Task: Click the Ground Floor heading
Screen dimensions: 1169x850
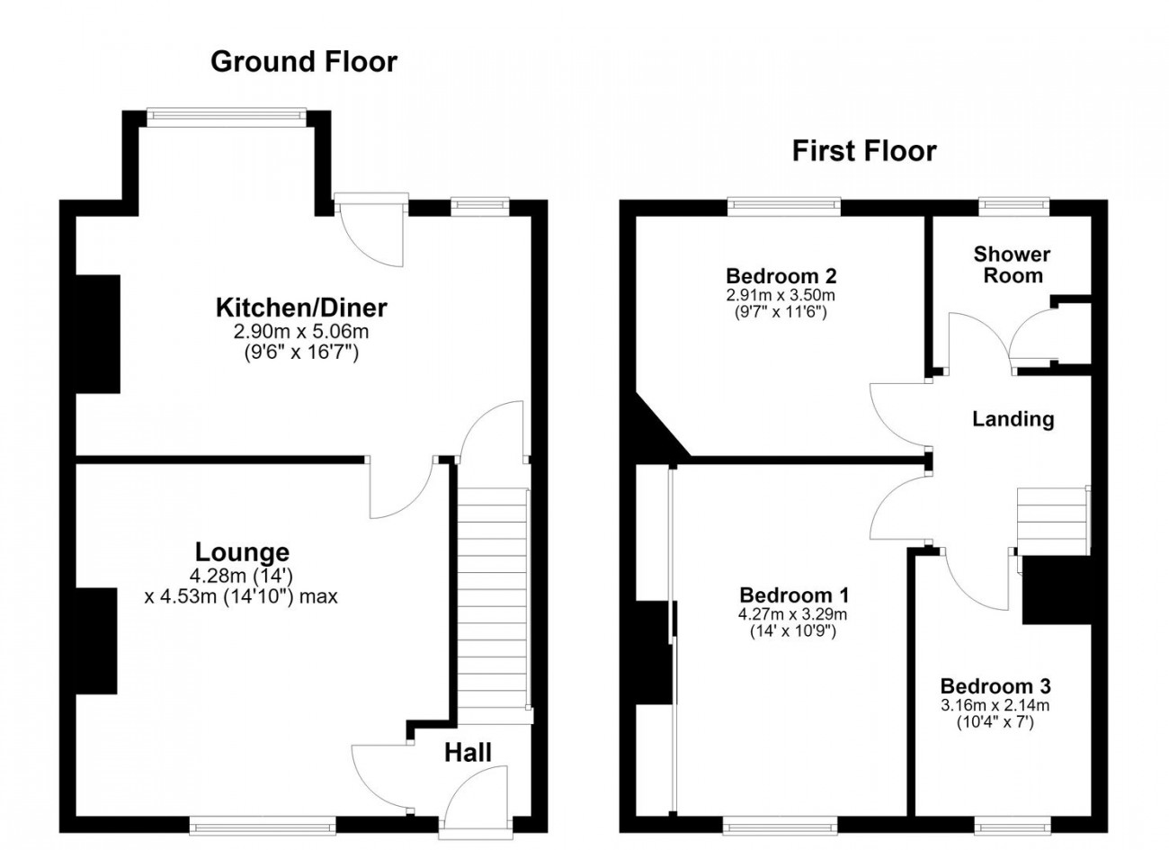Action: click(304, 61)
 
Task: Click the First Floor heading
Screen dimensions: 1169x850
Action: click(864, 151)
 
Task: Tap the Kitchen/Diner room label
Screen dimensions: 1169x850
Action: click(301, 308)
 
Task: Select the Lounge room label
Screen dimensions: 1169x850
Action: click(242, 552)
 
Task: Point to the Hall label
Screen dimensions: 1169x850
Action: click(468, 753)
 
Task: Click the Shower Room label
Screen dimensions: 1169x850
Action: click(1012, 264)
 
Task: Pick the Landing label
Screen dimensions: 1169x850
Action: click(1013, 419)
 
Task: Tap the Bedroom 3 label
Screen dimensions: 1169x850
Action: click(995, 686)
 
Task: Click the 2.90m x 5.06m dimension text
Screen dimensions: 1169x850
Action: click(301, 332)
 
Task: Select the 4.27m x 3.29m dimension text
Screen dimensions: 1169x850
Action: click(793, 614)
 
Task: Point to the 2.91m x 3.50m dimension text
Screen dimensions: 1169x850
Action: click(781, 295)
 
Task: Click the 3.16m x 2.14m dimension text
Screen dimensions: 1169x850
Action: click(995, 705)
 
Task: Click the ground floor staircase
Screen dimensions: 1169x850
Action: click(493, 605)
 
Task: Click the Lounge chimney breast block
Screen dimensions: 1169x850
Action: click(96, 640)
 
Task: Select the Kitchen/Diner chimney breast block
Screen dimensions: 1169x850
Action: click(98, 334)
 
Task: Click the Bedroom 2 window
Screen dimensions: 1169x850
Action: click(784, 206)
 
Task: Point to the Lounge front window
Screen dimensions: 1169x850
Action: click(262, 826)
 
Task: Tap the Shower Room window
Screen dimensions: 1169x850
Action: click(1013, 206)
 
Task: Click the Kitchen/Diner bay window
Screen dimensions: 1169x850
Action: click(227, 118)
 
